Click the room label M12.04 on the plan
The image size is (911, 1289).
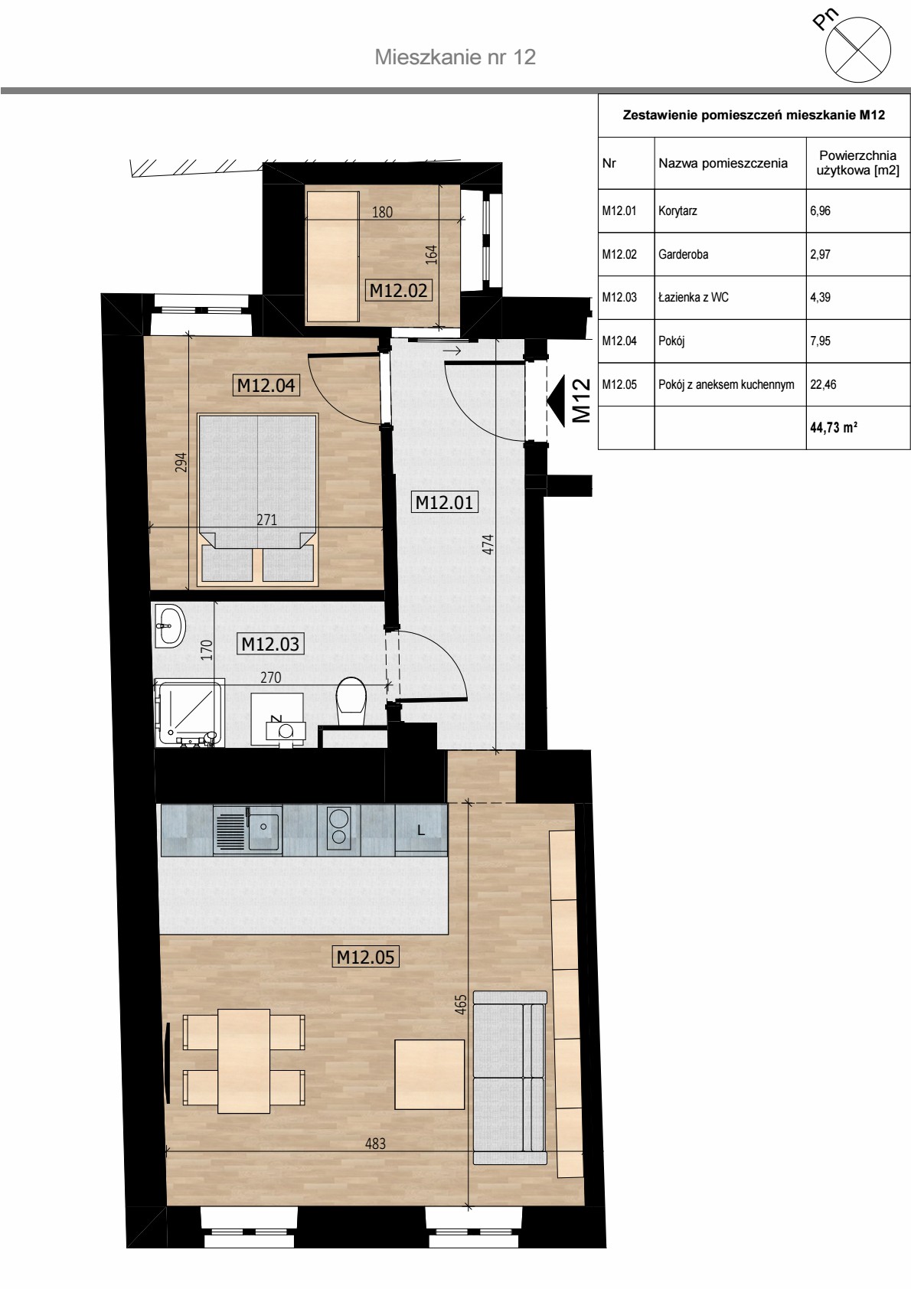click(266, 385)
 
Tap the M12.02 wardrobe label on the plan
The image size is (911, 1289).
click(398, 290)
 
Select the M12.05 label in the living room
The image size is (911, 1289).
click(365, 957)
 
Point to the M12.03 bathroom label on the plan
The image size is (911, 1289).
click(270, 643)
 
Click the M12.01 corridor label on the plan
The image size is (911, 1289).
click(444, 502)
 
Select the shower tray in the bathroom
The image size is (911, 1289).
click(189, 713)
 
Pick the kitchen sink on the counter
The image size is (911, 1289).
click(247, 829)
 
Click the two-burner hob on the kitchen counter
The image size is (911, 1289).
click(339, 829)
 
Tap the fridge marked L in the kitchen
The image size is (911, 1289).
click(421, 829)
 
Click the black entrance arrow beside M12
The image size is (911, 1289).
click(556, 400)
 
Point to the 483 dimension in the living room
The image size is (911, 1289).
click(375, 1143)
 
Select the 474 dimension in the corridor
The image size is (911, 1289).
click(488, 544)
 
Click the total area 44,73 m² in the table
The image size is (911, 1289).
click(834, 428)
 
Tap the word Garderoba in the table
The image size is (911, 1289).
click(683, 254)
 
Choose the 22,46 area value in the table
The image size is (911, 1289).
click(823, 384)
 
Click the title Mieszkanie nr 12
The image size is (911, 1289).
click(455, 57)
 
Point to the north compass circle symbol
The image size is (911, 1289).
click(858, 50)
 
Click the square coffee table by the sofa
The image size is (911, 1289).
click(429, 1075)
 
